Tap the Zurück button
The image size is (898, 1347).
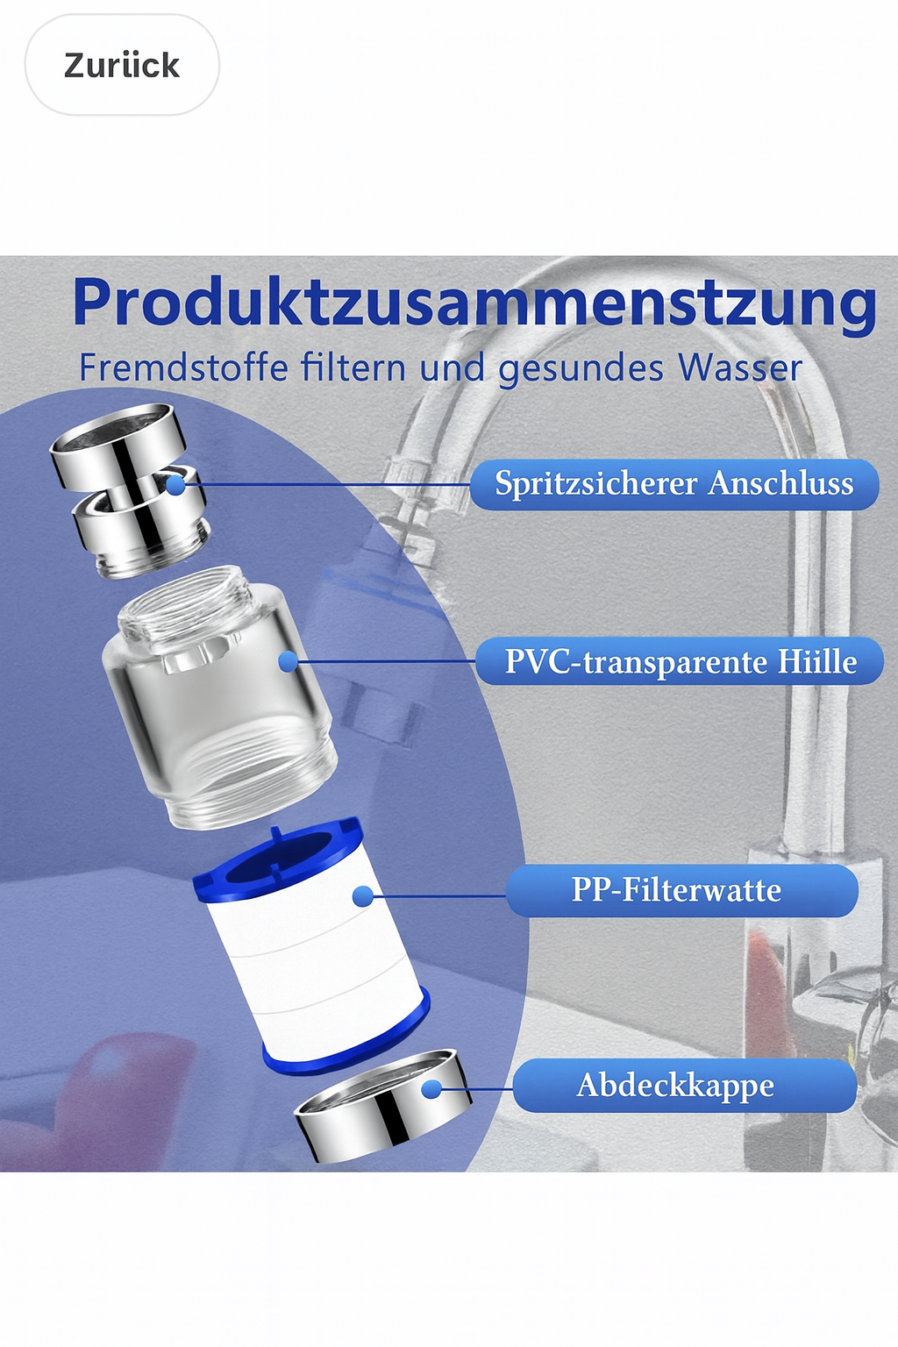122,65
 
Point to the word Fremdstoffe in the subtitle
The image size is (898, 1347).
184,367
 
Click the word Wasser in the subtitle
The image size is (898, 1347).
732,367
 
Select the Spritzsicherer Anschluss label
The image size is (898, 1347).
674,484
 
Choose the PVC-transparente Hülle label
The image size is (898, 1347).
680,661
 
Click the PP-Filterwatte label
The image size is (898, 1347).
681,891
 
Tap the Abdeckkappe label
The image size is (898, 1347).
685,1086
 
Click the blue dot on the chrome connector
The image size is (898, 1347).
175,484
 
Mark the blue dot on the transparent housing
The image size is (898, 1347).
289,662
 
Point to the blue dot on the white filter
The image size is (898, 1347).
362,896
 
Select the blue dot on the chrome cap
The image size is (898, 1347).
431,1089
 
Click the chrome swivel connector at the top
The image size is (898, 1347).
130,490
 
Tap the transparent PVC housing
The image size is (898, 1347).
219,697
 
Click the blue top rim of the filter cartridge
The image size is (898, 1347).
278,854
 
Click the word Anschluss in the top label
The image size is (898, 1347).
780,484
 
